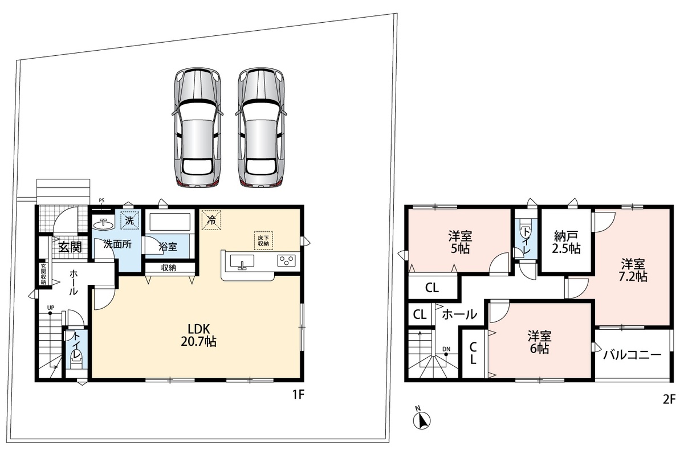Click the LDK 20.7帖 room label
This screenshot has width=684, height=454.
click(198, 335)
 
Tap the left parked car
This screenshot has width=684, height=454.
click(197, 127)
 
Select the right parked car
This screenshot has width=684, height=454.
click(262, 127)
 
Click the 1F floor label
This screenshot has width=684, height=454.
click(298, 395)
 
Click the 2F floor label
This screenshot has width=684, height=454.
click(669, 400)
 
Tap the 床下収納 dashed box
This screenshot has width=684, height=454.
click(263, 241)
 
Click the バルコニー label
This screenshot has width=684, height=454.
click(632, 355)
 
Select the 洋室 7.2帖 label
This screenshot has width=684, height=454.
click(633, 270)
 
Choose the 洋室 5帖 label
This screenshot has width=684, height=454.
click(460, 243)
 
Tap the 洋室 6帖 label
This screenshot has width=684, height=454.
click(540, 342)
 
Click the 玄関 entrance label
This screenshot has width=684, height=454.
click(70, 247)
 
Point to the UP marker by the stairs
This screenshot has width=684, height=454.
click(51, 308)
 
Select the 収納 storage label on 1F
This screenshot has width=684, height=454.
click(168, 268)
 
